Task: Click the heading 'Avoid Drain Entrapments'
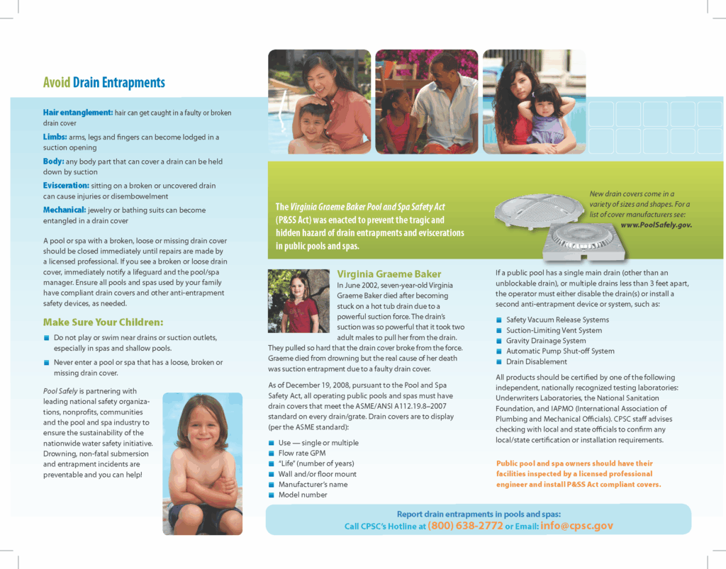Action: [104, 83]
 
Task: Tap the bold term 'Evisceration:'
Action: [66, 186]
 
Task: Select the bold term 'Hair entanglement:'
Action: [78, 113]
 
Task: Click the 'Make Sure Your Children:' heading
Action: [103, 322]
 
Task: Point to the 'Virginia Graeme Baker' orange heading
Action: [389, 274]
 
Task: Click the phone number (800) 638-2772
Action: [465, 526]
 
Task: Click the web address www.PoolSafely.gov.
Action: [656, 225]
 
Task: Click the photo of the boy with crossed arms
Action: [202, 463]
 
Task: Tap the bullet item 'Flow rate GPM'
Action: [302, 453]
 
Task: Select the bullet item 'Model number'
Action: [303, 495]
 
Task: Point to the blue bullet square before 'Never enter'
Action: [47, 363]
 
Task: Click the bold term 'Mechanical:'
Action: [65, 210]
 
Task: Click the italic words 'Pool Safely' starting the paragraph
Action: [60, 391]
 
